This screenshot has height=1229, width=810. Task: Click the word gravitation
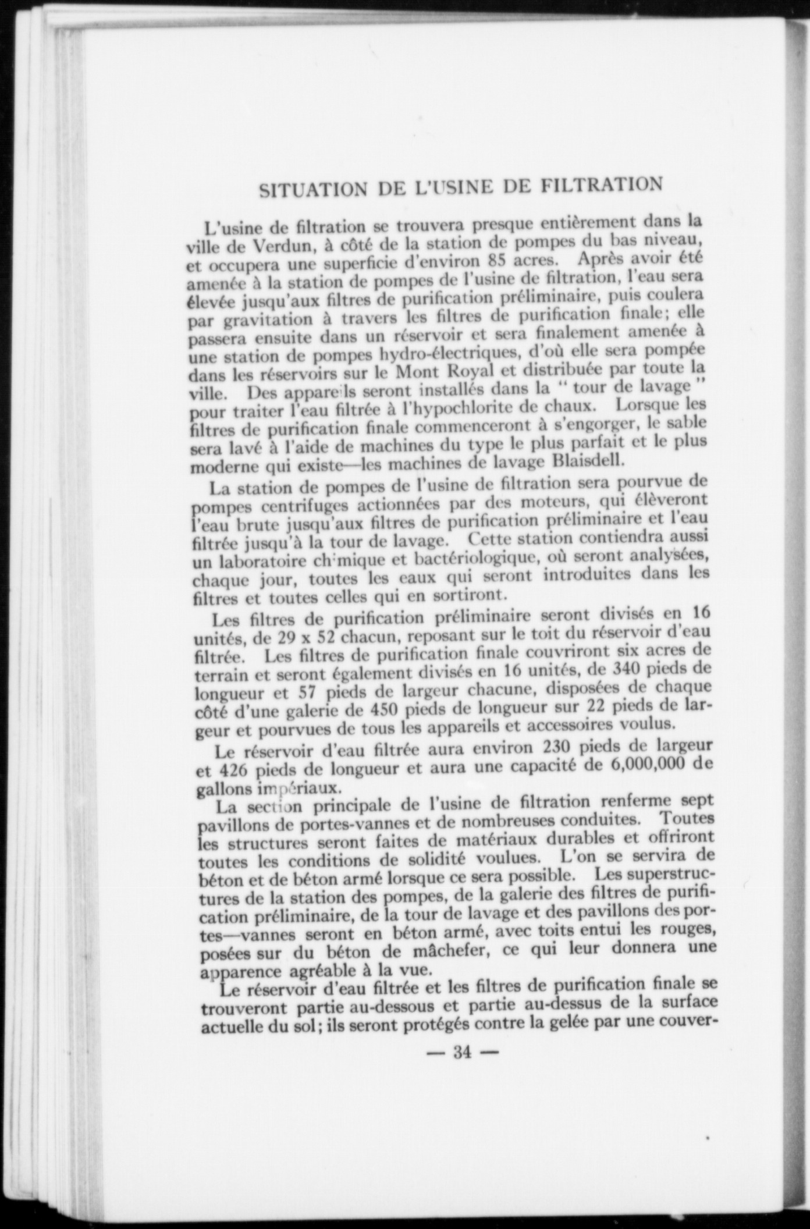[267, 320]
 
